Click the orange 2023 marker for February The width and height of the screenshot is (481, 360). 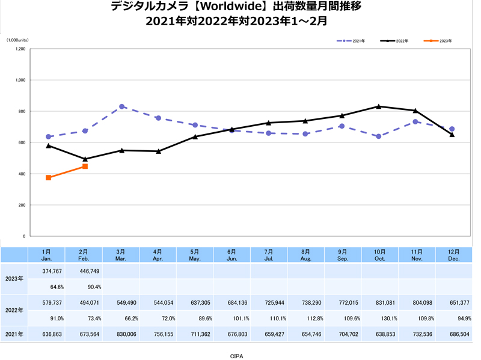[85, 166]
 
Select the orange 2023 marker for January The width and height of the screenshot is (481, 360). [48, 178]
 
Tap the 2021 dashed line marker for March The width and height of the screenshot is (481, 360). [122, 106]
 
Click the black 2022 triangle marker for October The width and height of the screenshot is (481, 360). [378, 106]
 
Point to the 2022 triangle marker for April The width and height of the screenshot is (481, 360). [159, 151]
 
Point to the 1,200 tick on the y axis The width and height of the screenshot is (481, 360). [20, 49]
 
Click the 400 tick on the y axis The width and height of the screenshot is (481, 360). [21, 174]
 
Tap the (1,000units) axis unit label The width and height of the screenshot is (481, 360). [17, 40]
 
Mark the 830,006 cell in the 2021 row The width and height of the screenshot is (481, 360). [121, 334]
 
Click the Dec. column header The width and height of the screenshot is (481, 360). [453, 255]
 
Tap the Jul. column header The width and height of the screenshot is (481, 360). [269, 255]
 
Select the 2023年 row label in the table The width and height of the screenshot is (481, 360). [14, 278]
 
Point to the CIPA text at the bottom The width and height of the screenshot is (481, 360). [237, 356]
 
